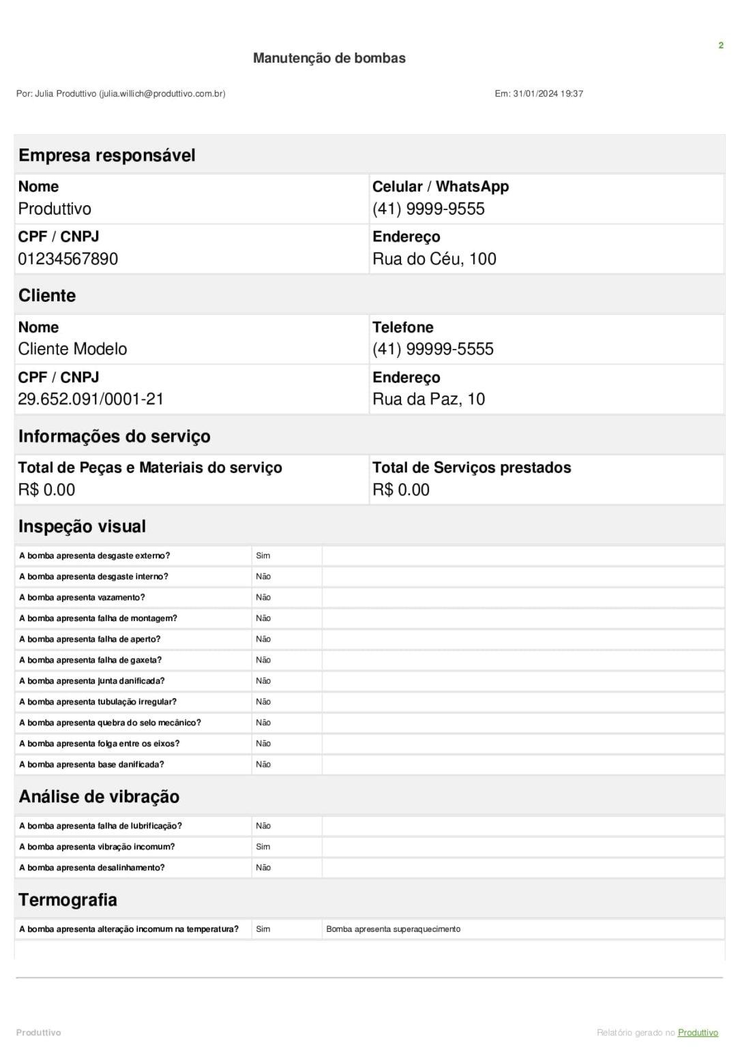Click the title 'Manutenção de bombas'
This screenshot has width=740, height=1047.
point(329,58)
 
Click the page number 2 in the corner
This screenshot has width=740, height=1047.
point(720,46)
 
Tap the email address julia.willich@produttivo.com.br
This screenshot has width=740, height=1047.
point(162,93)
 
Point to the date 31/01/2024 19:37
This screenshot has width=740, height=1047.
point(548,93)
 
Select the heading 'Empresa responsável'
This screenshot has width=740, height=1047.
point(107,155)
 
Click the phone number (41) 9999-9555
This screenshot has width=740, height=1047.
point(428,209)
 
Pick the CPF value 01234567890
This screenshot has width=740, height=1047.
point(68,259)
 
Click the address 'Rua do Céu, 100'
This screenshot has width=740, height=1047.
point(434,259)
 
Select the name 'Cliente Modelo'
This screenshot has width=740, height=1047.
point(72,349)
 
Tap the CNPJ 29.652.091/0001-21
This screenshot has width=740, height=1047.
point(91,399)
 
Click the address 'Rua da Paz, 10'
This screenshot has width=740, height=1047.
point(428,399)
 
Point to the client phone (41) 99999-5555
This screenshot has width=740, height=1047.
point(432,349)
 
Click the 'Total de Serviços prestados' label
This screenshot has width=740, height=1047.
point(471,468)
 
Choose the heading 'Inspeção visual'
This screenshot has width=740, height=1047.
point(82,526)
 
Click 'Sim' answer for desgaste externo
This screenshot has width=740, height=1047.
point(263,556)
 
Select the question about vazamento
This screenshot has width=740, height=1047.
point(82,598)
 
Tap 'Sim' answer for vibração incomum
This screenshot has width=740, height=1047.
point(263,847)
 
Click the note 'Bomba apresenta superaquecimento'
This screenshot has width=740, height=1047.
point(393,929)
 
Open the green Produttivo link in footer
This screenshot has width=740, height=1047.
point(698,1033)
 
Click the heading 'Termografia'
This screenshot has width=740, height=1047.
point(68,900)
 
